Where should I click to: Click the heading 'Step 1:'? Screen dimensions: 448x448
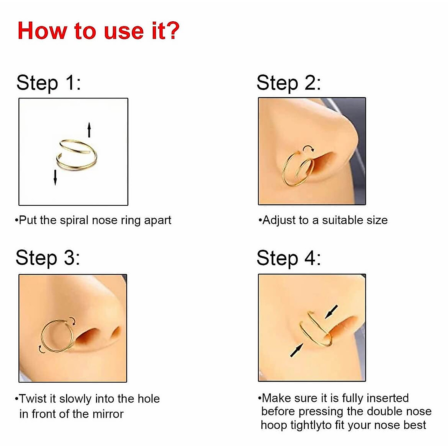(49, 83)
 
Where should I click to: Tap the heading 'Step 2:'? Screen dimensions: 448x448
(288, 83)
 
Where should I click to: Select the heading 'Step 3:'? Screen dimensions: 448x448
(48, 258)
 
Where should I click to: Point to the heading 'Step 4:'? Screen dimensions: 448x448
(288, 258)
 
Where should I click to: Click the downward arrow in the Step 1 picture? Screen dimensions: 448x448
(55, 177)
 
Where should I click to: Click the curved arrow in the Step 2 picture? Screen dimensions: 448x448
(308, 149)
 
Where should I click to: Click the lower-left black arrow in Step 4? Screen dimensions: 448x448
(296, 350)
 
